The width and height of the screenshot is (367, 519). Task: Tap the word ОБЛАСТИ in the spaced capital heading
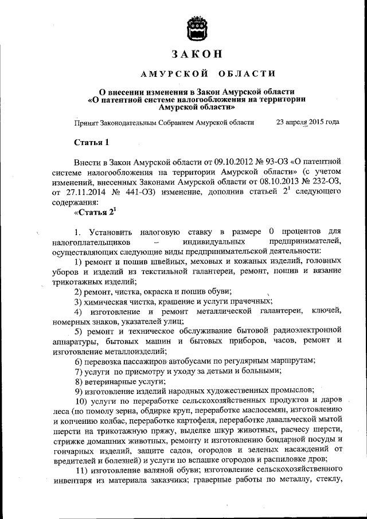click(x=247, y=74)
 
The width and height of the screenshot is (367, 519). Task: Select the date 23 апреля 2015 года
click(x=307, y=122)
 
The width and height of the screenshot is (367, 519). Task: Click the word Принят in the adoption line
click(x=87, y=122)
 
